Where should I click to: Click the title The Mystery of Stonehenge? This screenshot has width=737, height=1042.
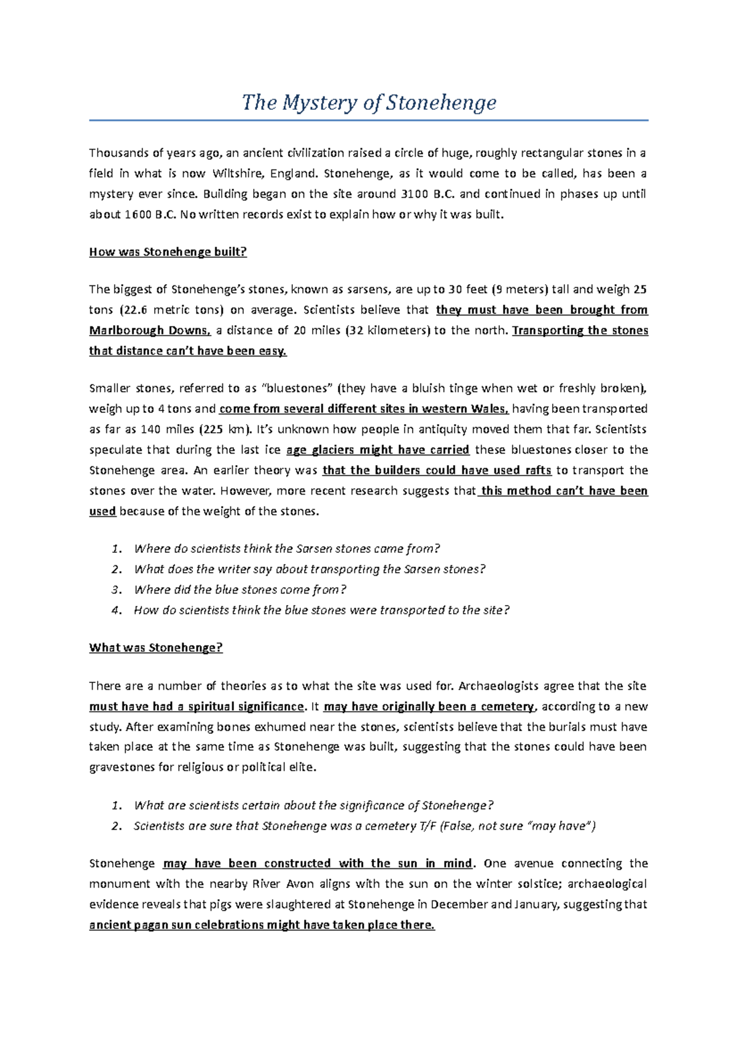(368, 102)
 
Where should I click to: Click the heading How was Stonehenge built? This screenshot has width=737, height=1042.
(168, 252)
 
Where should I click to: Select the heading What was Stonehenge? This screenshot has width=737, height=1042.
(155, 648)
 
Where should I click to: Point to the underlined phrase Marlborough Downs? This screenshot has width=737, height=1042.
(150, 331)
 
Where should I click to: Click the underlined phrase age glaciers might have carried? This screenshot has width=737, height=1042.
(378, 450)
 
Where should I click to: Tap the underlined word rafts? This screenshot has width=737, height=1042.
(538, 471)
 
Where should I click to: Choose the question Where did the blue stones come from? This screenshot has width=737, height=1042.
(240, 590)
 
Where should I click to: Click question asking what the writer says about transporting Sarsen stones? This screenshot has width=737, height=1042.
(310, 569)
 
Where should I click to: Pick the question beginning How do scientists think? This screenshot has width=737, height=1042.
(322, 611)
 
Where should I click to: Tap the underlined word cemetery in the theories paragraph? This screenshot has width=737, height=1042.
(507, 707)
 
